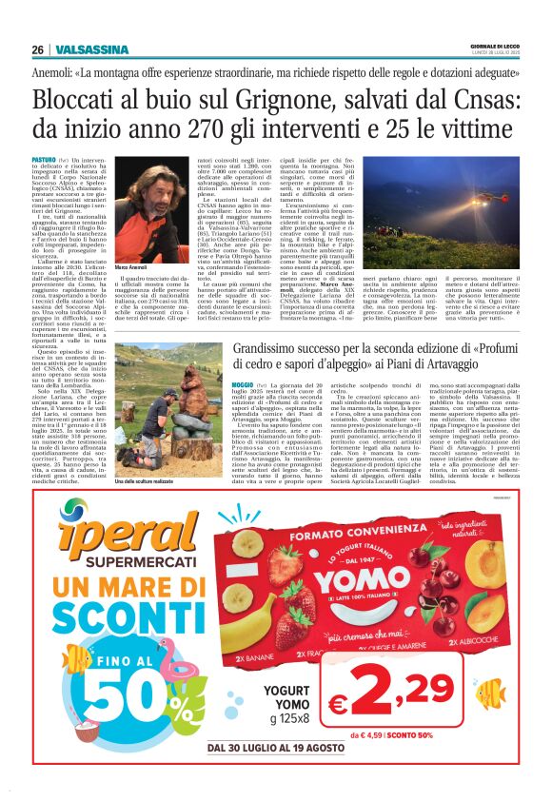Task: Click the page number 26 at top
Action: click(x=39, y=50)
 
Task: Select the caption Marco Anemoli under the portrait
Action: click(x=133, y=269)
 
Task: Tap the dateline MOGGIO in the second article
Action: click(x=216, y=382)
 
